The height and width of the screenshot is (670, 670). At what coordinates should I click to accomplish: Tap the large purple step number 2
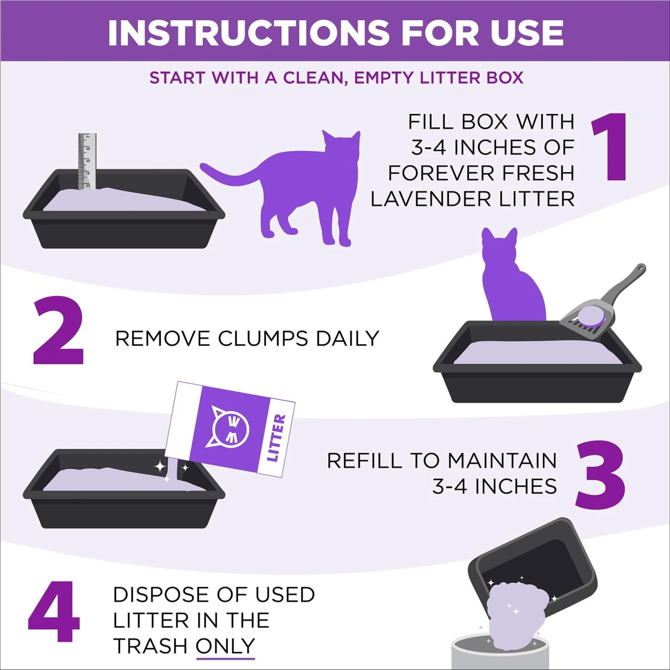tap(58, 331)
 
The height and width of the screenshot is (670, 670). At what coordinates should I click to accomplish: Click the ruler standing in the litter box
tap(87, 161)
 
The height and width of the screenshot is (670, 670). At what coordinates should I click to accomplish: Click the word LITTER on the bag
tap(276, 438)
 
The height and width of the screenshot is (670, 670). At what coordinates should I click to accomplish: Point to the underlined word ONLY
tap(225, 646)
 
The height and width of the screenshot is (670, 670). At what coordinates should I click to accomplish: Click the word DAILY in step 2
tap(347, 339)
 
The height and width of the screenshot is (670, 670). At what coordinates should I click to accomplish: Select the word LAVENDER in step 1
tap(431, 199)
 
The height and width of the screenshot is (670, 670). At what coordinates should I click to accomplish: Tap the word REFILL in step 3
tap(365, 461)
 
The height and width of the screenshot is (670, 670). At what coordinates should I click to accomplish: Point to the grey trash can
tap(500, 654)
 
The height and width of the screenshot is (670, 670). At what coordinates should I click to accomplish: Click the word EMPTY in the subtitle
tap(384, 78)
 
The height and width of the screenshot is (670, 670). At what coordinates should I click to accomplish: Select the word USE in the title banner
tap(527, 33)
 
